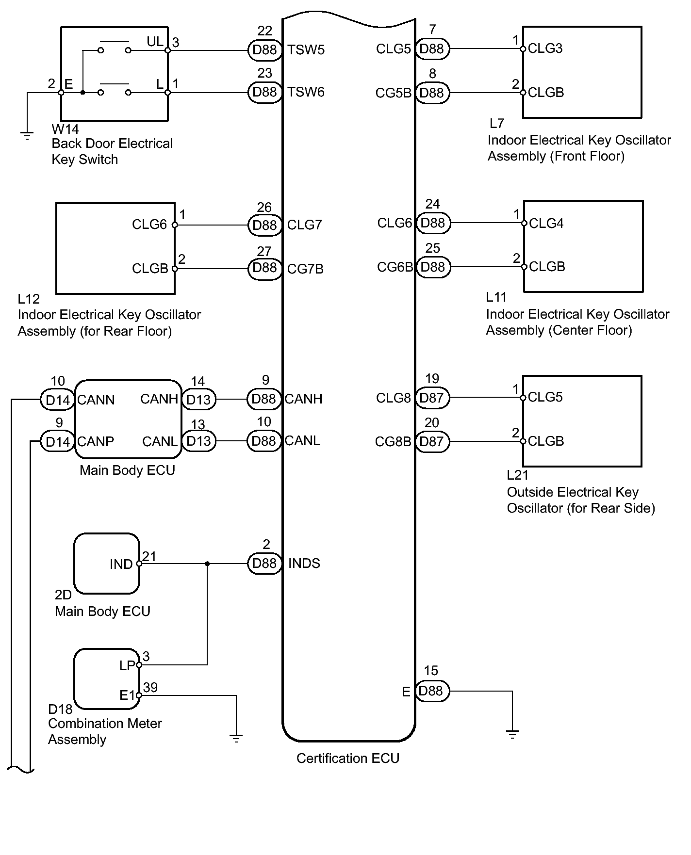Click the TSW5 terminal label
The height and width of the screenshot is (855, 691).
click(x=306, y=50)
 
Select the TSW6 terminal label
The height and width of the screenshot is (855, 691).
click(x=306, y=92)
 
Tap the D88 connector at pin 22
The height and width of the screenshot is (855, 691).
click(x=265, y=50)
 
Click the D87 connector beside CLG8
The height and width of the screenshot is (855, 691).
click(x=432, y=398)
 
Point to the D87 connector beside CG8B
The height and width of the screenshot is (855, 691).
click(x=432, y=442)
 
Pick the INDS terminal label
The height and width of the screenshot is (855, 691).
click(x=304, y=564)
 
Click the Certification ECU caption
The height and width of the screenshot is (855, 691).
click(x=348, y=758)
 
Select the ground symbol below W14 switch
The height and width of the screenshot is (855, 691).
click(x=27, y=136)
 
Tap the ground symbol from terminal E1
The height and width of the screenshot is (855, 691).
click(x=236, y=739)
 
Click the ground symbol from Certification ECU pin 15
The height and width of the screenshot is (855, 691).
click(x=512, y=734)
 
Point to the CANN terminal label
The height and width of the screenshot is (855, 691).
click(x=96, y=400)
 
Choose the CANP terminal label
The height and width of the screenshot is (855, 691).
click(x=96, y=442)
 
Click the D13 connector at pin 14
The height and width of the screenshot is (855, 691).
click(x=198, y=400)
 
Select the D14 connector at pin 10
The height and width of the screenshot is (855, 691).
click(x=58, y=401)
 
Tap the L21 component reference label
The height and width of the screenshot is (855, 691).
click(x=517, y=475)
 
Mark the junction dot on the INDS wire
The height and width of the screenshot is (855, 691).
click(x=208, y=564)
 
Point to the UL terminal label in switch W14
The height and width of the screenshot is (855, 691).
click(x=155, y=42)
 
